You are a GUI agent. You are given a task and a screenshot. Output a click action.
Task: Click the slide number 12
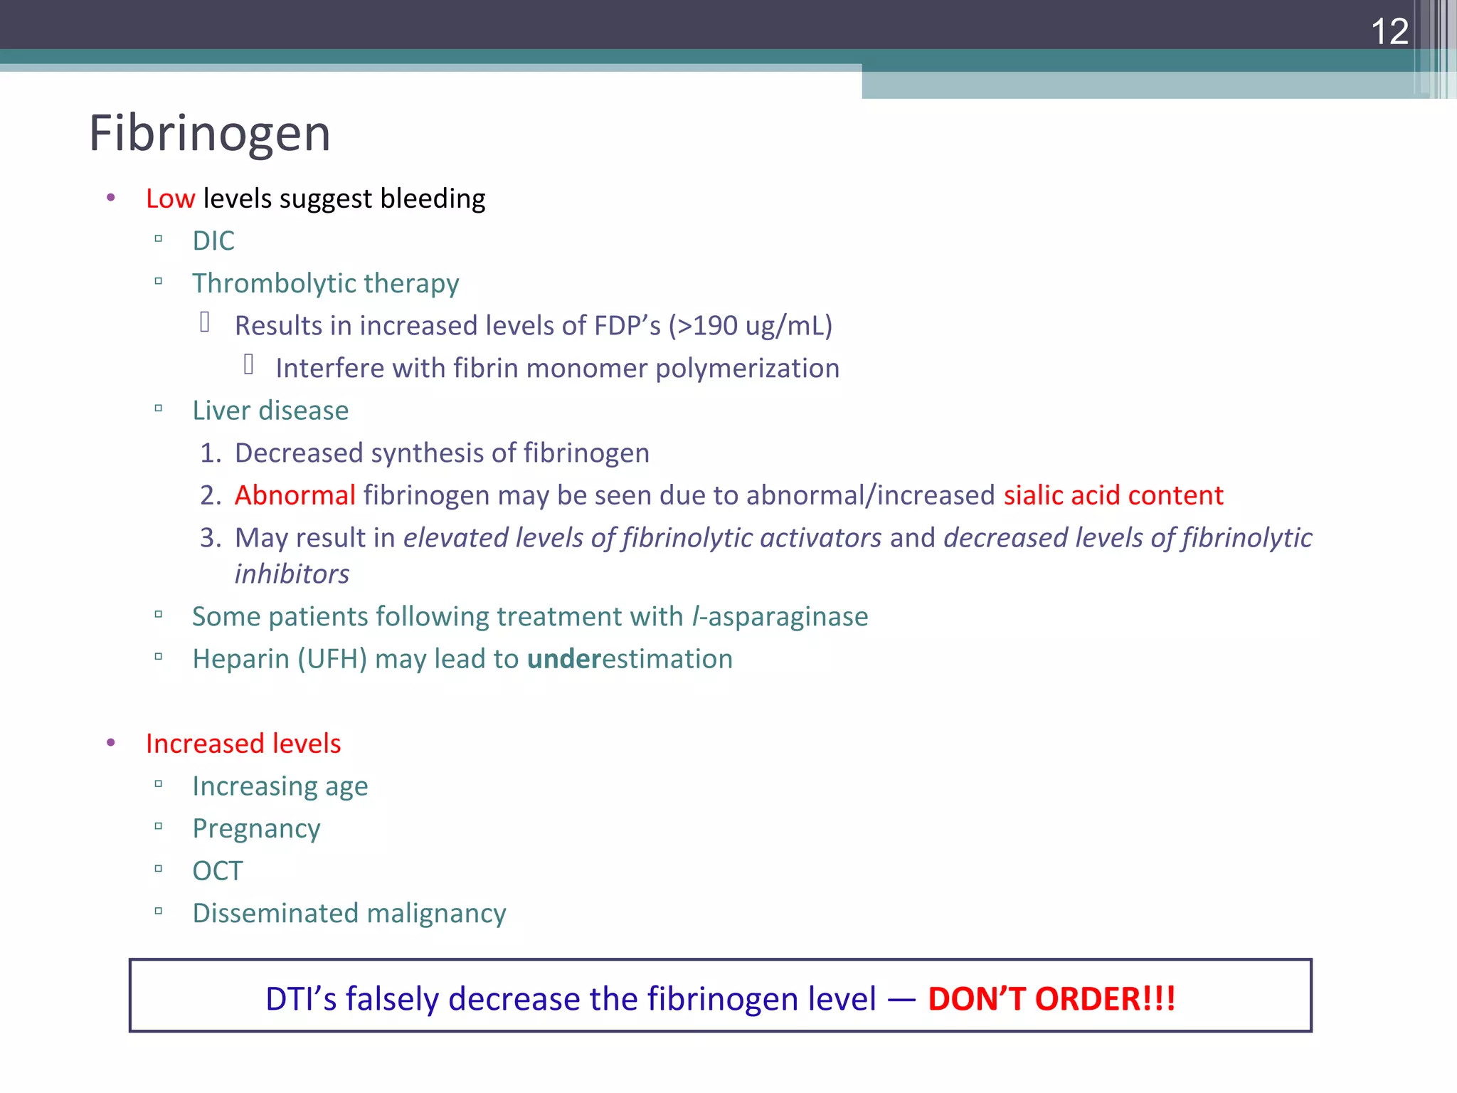tap(1389, 32)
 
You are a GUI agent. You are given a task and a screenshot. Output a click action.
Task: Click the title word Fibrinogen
tap(210, 134)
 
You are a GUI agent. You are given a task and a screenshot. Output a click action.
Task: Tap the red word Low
tap(170, 199)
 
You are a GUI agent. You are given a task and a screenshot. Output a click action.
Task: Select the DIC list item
tap(213, 241)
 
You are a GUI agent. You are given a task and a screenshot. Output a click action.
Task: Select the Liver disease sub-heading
tap(270, 411)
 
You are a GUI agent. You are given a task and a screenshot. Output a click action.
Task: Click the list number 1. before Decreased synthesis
tap(211, 453)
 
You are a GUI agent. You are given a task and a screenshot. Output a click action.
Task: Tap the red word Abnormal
tap(295, 495)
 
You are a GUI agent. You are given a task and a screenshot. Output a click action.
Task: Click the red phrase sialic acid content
tap(1113, 495)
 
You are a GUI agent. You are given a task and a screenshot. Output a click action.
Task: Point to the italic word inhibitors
tap(292, 574)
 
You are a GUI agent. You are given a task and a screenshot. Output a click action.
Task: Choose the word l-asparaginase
tap(780, 617)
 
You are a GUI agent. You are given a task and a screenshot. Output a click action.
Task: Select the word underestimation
tap(630, 659)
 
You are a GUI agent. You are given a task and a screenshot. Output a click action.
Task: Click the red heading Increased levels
tap(243, 744)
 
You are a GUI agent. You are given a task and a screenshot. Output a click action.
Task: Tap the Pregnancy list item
tap(256, 829)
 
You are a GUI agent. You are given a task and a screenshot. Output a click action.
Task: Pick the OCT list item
tap(218, 871)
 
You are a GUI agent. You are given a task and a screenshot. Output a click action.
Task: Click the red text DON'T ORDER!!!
tap(1051, 998)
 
